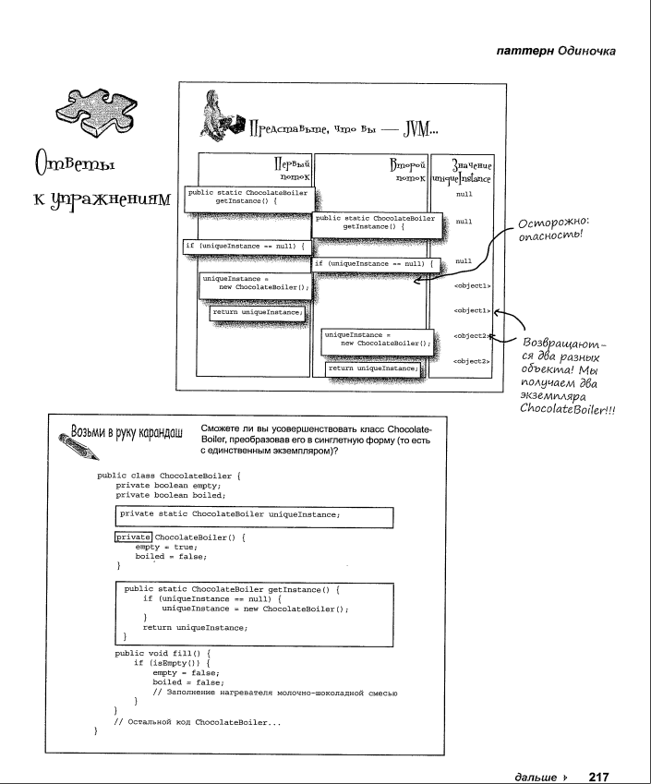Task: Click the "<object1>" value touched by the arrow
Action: pos(472,310)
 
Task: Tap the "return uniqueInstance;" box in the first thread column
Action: pos(258,312)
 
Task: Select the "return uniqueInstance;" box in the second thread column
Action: pos(373,368)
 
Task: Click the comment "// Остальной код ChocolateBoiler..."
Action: pos(197,721)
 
